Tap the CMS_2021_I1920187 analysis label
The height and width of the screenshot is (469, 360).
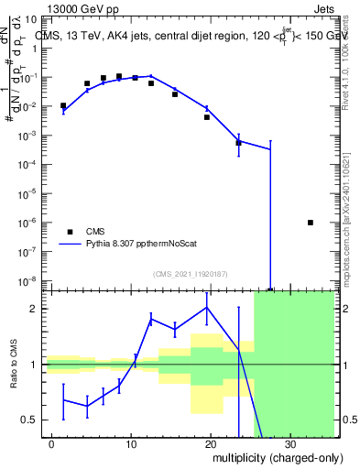pyautogui.click(x=189, y=274)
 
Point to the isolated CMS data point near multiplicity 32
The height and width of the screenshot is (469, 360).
pyautogui.click(x=311, y=223)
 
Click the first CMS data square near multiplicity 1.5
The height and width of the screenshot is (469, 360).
pyautogui.click(x=63, y=105)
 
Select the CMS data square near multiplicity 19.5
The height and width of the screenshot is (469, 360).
pyautogui.click(x=207, y=117)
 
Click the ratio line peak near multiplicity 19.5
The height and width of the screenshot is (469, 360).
pyautogui.click(x=207, y=307)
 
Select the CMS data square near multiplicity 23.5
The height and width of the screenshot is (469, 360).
pyautogui.click(x=238, y=142)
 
